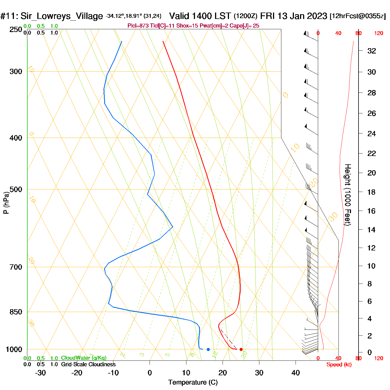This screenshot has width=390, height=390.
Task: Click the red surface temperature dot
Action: click(x=241, y=349)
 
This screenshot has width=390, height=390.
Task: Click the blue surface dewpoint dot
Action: click(x=208, y=349)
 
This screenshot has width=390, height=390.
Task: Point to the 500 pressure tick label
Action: click(x=16, y=189)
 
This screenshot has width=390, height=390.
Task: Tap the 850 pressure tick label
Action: click(x=16, y=312)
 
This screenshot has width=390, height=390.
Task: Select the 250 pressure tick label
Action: click(x=16, y=30)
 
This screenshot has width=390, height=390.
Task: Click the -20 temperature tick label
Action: click(x=77, y=373)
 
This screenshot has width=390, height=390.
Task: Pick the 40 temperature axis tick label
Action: click(x=296, y=373)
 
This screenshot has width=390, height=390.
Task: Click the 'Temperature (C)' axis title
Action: click(x=193, y=382)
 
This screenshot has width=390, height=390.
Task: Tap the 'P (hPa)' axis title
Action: click(x=6, y=203)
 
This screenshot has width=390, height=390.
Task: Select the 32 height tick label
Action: click(x=372, y=51)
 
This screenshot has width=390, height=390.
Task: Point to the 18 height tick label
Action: click(x=371, y=192)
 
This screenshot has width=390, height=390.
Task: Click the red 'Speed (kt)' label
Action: click(x=339, y=365)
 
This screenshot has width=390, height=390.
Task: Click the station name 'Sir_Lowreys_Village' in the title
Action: click(x=62, y=16)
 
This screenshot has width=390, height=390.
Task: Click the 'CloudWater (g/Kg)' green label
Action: click(x=84, y=358)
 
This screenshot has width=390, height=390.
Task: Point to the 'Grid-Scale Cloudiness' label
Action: click(x=88, y=364)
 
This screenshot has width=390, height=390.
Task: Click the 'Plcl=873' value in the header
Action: click(x=138, y=26)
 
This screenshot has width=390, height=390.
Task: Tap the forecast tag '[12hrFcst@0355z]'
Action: click(x=358, y=16)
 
